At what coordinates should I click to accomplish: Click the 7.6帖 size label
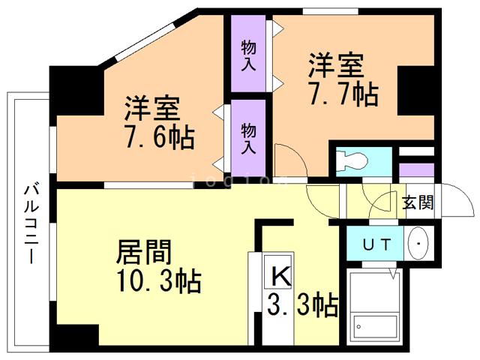click(x=160, y=138)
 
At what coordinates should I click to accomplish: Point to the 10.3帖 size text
click(x=158, y=282)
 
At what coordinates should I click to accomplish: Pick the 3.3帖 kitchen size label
click(x=302, y=305)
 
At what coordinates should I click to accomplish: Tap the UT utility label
click(x=374, y=244)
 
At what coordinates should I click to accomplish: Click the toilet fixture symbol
click(x=349, y=161)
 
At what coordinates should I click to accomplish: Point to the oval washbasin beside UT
click(x=417, y=243)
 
